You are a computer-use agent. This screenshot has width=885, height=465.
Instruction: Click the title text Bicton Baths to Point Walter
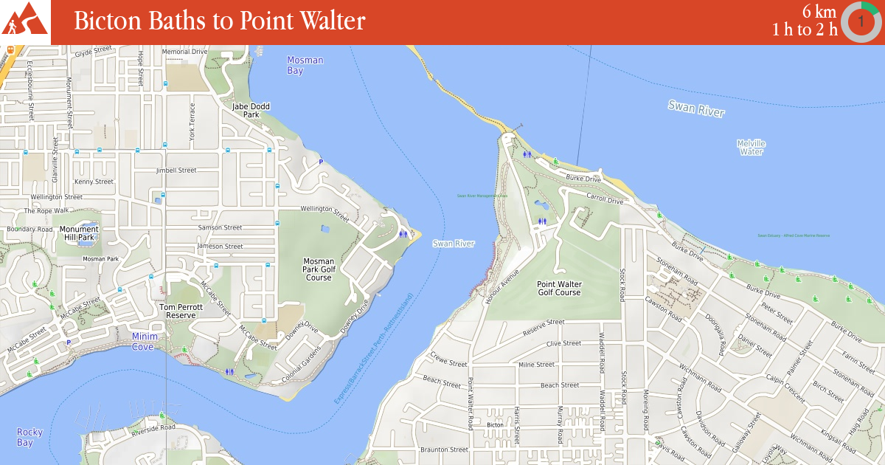(x=219, y=21)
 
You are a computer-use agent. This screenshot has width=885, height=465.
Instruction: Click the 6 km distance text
(x=819, y=11)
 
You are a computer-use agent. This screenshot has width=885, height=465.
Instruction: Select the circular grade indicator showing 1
(x=860, y=22)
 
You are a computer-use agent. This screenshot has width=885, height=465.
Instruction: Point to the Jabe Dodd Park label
(x=251, y=111)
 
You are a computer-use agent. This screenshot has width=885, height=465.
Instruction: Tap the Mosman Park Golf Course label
(x=319, y=269)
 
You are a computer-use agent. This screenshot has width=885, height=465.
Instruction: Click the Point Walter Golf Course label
(x=559, y=288)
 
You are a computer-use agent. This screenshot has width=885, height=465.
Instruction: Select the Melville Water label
(x=751, y=147)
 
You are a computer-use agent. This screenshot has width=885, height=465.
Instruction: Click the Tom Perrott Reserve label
(x=178, y=311)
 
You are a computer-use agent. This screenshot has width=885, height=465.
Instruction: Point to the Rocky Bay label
(x=29, y=437)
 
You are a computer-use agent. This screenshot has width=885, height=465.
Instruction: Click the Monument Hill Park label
(x=79, y=233)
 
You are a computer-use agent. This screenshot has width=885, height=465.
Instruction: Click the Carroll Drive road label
(x=605, y=199)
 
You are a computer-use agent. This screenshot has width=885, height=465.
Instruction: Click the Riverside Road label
(x=153, y=427)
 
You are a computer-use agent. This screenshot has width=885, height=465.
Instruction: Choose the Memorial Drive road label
(x=184, y=52)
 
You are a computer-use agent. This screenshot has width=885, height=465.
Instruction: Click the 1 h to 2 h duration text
(x=805, y=30)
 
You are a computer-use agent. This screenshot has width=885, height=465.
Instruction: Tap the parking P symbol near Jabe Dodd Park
(x=320, y=162)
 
